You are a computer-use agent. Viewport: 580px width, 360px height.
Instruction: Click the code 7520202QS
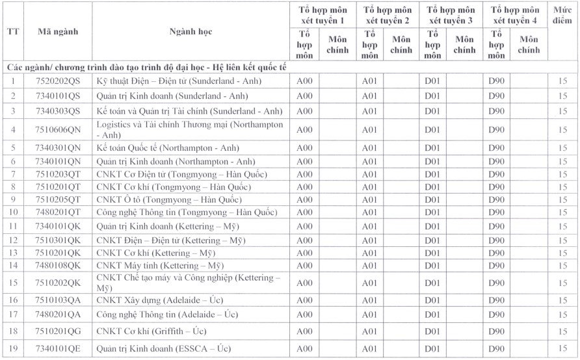(x=58, y=81)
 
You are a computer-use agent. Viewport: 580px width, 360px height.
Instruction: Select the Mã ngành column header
(x=58, y=32)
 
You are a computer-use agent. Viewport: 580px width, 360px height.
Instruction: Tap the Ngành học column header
(x=190, y=32)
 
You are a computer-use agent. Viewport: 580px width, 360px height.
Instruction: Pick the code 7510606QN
(x=58, y=130)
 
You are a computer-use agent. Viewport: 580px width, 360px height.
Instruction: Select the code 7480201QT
(x=58, y=212)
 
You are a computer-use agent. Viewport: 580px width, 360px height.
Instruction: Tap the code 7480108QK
(x=58, y=265)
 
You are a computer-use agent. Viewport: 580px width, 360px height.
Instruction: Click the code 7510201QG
(x=58, y=331)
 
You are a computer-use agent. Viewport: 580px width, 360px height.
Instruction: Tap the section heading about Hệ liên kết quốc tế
(x=147, y=67)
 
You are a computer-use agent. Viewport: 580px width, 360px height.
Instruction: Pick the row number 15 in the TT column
(x=12, y=283)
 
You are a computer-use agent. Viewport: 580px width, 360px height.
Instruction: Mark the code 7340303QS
(x=58, y=111)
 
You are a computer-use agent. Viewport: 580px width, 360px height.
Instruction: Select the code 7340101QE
(x=58, y=349)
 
